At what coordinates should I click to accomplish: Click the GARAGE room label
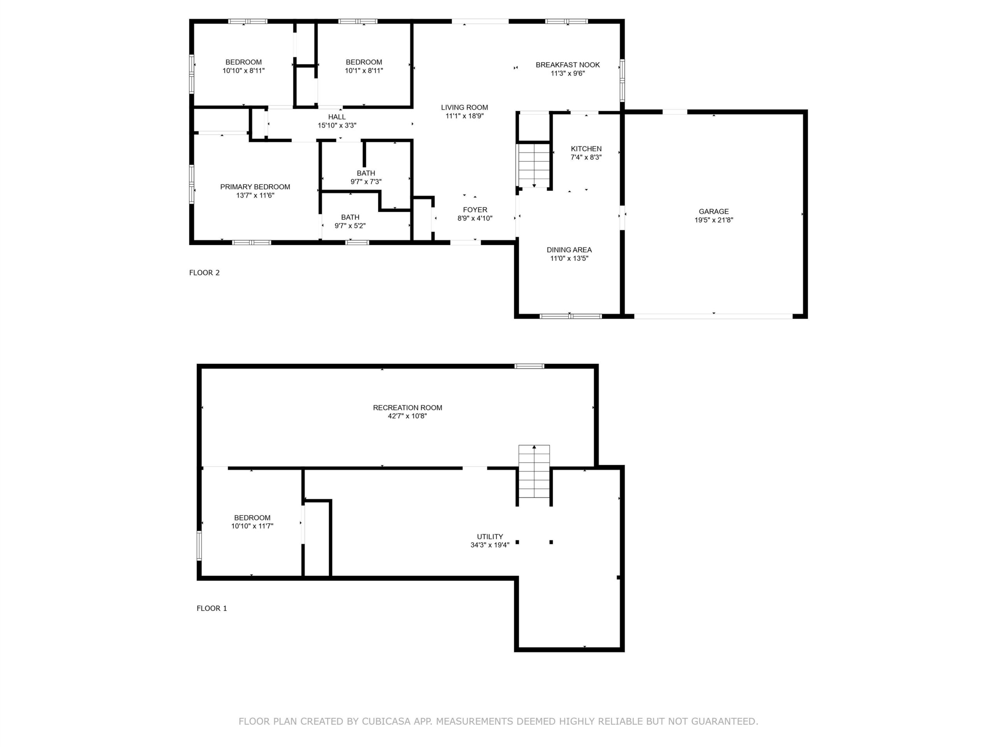pyautogui.click(x=713, y=211)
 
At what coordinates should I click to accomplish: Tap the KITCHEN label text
pyautogui.click(x=586, y=149)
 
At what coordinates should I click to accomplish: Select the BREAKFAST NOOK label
pyautogui.click(x=567, y=65)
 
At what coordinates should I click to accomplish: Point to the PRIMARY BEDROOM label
pyautogui.click(x=255, y=187)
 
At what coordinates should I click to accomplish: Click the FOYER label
pyautogui.click(x=475, y=210)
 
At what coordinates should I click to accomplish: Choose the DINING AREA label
pyautogui.click(x=569, y=250)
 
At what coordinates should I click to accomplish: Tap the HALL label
pyautogui.click(x=337, y=117)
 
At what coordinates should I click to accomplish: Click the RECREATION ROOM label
pyautogui.click(x=407, y=407)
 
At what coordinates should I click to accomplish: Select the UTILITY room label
pyautogui.click(x=490, y=537)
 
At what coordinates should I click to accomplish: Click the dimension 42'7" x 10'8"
pyautogui.click(x=407, y=416)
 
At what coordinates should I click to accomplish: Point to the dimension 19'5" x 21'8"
pyautogui.click(x=713, y=220)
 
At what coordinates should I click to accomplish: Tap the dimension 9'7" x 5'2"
pyautogui.click(x=350, y=226)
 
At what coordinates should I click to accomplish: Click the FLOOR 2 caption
pyautogui.click(x=204, y=272)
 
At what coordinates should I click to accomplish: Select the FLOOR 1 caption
pyautogui.click(x=211, y=608)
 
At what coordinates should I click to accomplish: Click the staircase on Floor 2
pyautogui.click(x=534, y=165)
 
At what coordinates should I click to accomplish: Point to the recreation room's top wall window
pyautogui.click(x=530, y=366)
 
